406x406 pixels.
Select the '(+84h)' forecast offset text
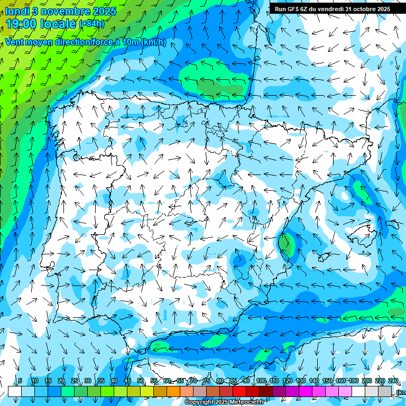[x=92, y=24]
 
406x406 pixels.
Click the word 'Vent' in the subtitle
[x=16, y=42]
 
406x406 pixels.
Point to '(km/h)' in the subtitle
[x=154, y=42]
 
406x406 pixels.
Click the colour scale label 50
[x=141, y=381]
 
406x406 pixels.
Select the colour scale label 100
[x=261, y=381]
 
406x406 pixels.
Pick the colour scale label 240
[x=393, y=381]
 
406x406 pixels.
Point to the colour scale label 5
[x=20, y=381]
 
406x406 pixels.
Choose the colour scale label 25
[x=75, y=381]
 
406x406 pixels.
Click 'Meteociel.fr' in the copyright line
[x=243, y=402]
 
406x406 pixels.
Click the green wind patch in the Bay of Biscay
[x=209, y=77]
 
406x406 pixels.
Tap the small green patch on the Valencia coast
[x=286, y=244]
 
